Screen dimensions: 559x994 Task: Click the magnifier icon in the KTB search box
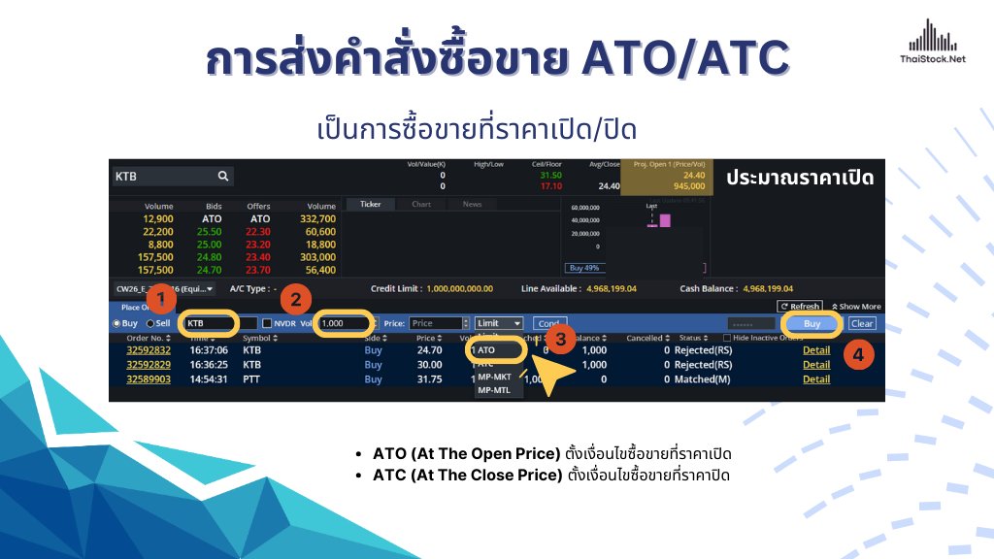click(223, 176)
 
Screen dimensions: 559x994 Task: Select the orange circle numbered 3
click(559, 340)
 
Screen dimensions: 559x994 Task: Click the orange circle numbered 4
click(857, 354)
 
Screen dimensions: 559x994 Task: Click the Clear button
click(862, 323)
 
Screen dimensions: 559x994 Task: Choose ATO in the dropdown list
click(487, 349)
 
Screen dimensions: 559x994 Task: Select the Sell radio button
click(150, 323)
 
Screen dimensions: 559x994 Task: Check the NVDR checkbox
click(268, 323)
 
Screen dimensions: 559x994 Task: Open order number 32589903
click(149, 379)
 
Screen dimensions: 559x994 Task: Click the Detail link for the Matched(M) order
click(816, 379)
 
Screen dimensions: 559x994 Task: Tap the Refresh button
click(800, 307)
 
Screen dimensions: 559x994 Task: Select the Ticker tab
click(371, 205)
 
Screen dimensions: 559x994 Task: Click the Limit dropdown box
click(499, 323)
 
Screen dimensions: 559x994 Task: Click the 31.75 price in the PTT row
click(428, 379)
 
